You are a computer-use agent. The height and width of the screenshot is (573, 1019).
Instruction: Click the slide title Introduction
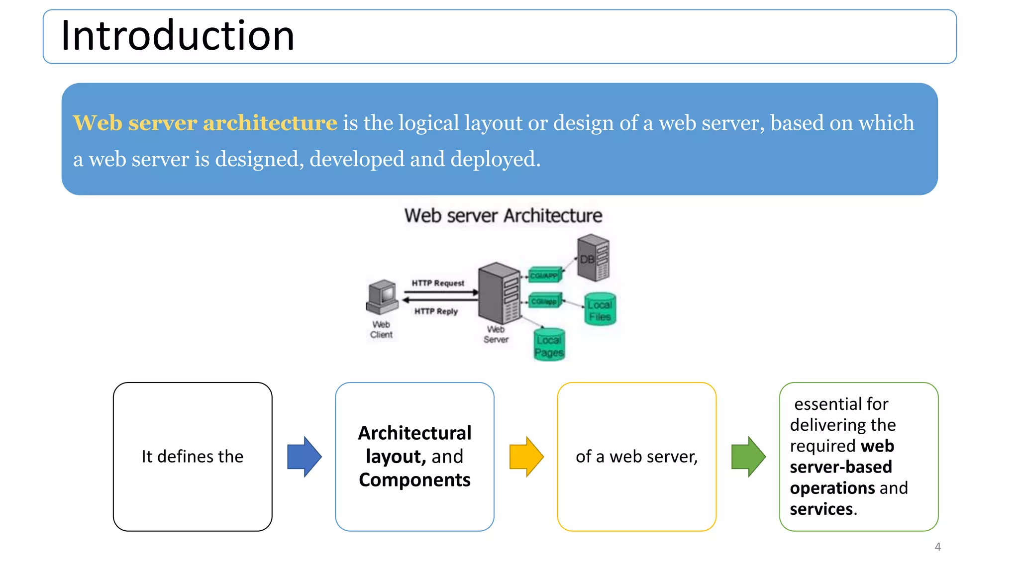pos(178,36)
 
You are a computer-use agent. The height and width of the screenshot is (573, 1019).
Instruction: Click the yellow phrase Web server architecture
pos(205,123)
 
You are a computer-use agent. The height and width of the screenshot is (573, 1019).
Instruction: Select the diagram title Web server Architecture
pos(503,216)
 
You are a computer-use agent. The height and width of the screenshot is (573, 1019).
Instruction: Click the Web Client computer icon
pos(382,297)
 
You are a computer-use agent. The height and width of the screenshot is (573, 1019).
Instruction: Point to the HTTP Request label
pos(438,283)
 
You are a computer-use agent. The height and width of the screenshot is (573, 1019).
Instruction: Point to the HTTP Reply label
pos(436,311)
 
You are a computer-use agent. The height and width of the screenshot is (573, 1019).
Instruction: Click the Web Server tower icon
pos(499,293)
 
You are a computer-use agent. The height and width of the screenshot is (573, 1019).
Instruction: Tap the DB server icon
pos(593,258)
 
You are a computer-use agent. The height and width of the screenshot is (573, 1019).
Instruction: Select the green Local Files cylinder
pos(600,309)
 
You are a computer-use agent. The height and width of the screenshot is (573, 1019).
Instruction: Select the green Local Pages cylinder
pos(549,344)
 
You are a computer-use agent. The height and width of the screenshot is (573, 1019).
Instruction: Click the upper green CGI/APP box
pos(544,275)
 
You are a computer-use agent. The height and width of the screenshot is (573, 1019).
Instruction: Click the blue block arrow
pos(304,457)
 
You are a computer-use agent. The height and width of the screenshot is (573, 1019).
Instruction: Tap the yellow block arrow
pos(526,457)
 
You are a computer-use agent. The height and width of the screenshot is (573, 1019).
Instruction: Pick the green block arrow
pos(748,457)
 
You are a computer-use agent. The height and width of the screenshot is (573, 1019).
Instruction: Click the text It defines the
pos(193,457)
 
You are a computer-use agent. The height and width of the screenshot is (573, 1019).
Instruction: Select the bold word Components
pos(414,480)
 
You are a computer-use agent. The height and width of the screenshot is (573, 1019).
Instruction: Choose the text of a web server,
pos(636,457)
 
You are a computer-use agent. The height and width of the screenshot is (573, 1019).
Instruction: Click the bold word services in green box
pos(821,509)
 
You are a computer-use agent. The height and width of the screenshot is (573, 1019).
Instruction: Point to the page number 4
pos(937,547)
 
